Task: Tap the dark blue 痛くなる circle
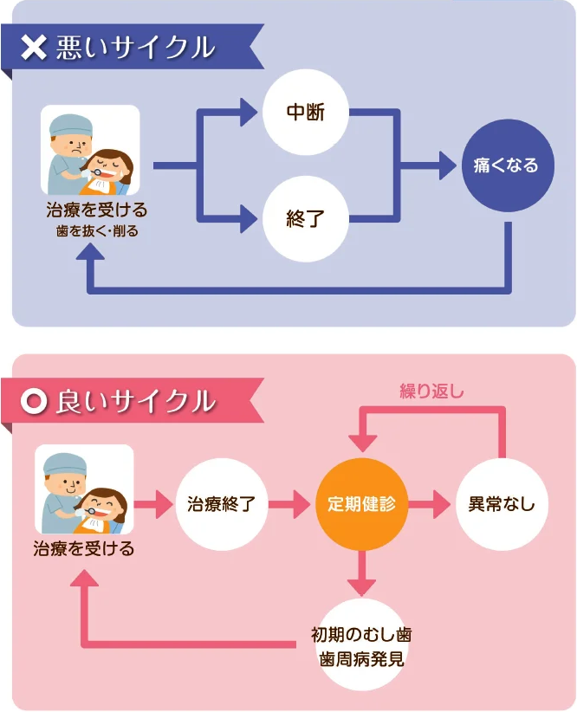pyautogui.click(x=506, y=165)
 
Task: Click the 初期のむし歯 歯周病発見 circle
pyautogui.click(x=361, y=644)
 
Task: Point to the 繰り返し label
pyautogui.click(x=431, y=391)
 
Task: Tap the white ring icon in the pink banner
pyautogui.click(x=33, y=401)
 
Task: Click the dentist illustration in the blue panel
pyautogui.click(x=90, y=150)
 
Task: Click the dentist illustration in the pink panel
pyautogui.click(x=84, y=489)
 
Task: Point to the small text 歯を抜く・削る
pyautogui.click(x=97, y=231)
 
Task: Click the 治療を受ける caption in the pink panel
pyautogui.click(x=84, y=549)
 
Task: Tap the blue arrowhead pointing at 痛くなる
pyautogui.click(x=448, y=165)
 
